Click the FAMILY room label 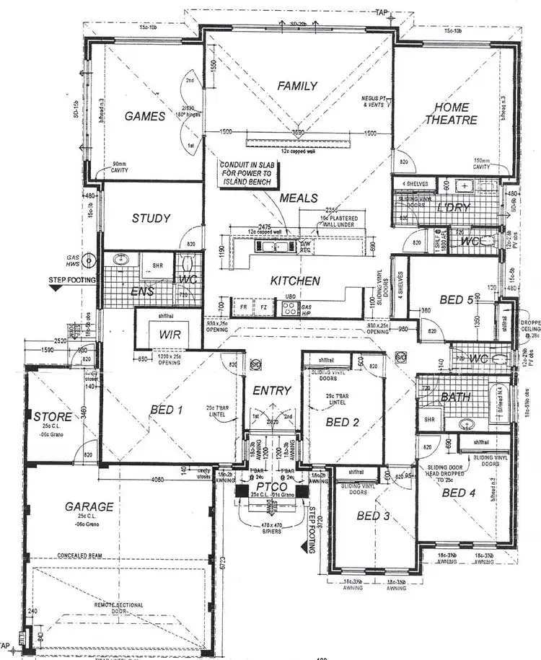[297, 86]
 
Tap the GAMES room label [146, 116]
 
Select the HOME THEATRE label [451, 114]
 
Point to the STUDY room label [151, 219]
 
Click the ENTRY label [271, 390]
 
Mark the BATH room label [455, 397]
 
